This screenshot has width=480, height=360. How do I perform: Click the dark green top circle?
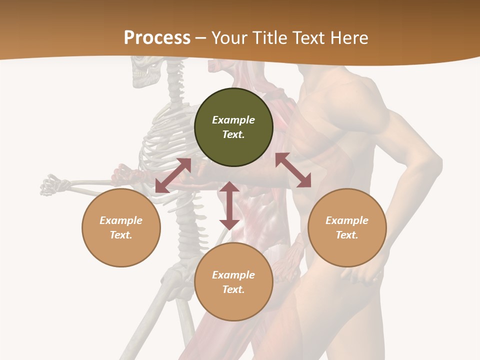(x=233, y=127)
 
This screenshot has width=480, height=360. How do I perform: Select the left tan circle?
(x=121, y=227)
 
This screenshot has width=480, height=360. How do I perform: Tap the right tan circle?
(x=347, y=227)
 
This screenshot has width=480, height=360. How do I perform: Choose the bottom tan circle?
(x=233, y=282)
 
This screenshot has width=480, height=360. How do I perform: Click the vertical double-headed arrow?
(x=229, y=205)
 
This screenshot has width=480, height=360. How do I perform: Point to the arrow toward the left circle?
(x=173, y=175)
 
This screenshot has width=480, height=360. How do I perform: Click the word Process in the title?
(x=157, y=37)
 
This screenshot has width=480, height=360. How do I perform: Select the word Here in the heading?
(x=349, y=38)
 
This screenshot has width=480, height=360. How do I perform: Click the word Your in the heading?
(x=229, y=38)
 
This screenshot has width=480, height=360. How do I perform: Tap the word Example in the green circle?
(x=233, y=120)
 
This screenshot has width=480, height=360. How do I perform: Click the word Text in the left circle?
(x=120, y=235)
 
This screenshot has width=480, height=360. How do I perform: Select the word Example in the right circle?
(x=347, y=220)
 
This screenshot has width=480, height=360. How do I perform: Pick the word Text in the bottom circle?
(x=233, y=289)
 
